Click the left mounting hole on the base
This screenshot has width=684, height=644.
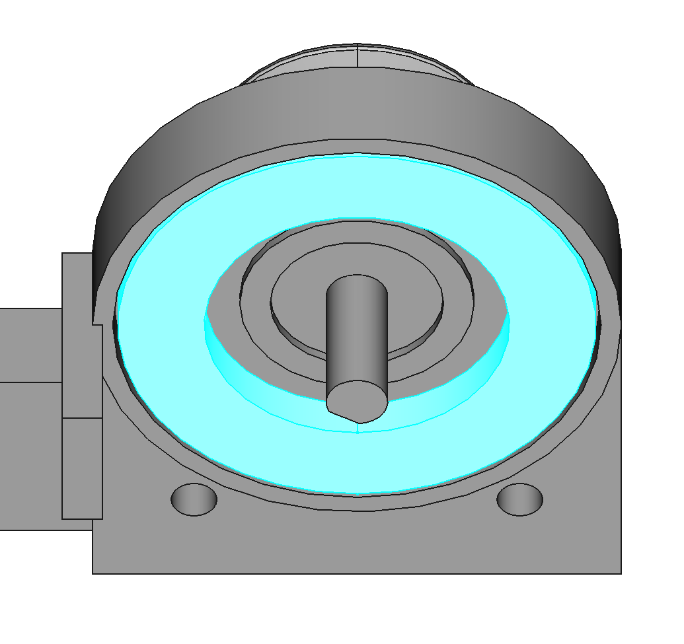pyautogui.click(x=194, y=499)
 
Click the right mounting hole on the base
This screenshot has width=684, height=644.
pyautogui.click(x=519, y=499)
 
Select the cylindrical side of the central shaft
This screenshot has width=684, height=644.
pyautogui.click(x=357, y=330)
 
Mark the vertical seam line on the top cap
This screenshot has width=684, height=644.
pyautogui.click(x=358, y=55)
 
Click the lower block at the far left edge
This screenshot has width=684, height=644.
pyautogui.click(x=30, y=456)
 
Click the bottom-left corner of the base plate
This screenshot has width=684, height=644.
pyautogui.click(x=93, y=573)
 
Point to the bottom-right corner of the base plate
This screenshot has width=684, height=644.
pyautogui.click(x=620, y=573)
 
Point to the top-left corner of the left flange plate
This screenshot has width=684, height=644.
pyautogui.click(x=63, y=254)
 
